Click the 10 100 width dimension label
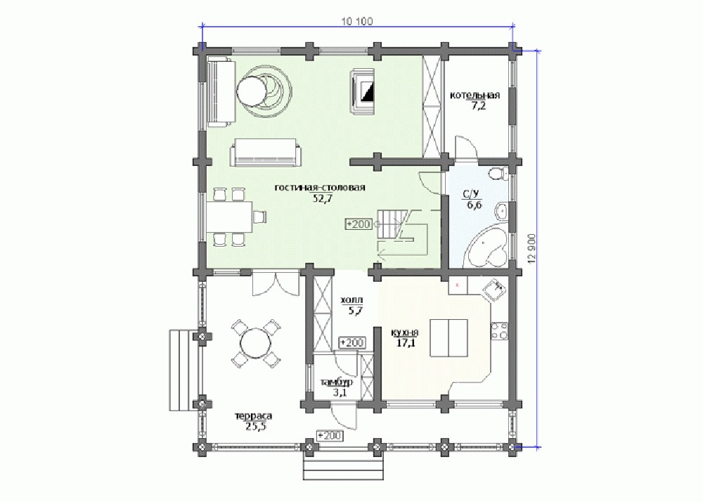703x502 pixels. click(x=357, y=21)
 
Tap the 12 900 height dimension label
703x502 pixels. click(x=532, y=249)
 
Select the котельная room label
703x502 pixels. click(x=475, y=95)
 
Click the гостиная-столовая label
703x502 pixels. click(x=320, y=187)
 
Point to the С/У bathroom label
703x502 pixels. click(x=471, y=194)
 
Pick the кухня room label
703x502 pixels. click(x=404, y=333)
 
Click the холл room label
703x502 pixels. click(x=352, y=300)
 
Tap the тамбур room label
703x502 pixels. click(x=336, y=382)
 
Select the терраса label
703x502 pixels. click(x=253, y=416)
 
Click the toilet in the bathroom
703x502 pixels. click(x=498, y=172)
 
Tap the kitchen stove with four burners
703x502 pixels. click(x=499, y=330)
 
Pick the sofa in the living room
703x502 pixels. click(x=266, y=153)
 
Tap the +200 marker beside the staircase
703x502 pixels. click(x=359, y=224)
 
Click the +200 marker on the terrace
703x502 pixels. click(x=330, y=435)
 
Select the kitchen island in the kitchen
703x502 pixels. click(x=449, y=337)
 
